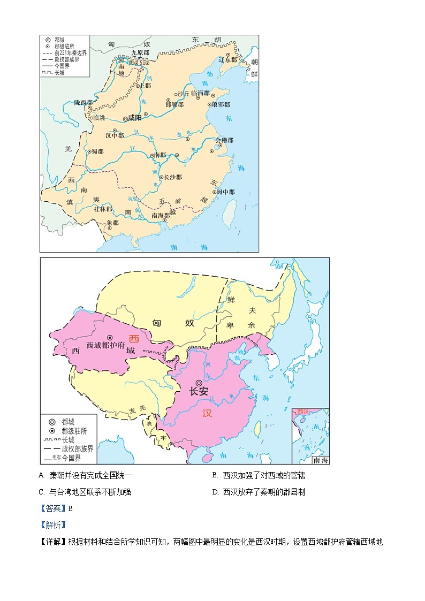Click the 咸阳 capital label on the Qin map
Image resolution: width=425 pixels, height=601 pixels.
[134, 119]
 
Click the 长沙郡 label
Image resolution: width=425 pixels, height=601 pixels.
[172, 177]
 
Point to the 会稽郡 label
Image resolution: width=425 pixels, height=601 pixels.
[225, 141]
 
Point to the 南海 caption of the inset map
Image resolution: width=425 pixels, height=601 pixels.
[321, 460]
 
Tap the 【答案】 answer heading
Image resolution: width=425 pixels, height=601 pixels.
[52, 508]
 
